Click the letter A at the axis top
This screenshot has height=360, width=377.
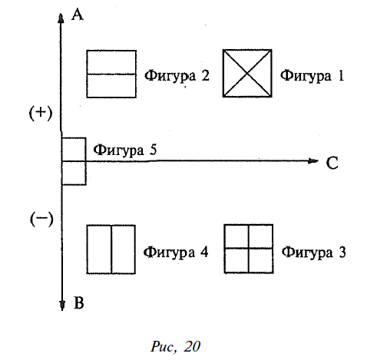pos(78,15)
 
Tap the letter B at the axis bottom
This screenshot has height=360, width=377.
pos(79,302)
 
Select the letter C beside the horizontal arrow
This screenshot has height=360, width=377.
pos(332,163)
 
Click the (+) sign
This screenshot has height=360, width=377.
pos(41,113)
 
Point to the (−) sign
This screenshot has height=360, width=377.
pos(41,220)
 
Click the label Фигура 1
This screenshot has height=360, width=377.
pos(312,75)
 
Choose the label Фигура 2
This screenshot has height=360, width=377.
pos(177,76)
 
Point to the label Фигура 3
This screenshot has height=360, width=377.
pos(314,253)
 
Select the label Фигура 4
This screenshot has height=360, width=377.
pos(176,253)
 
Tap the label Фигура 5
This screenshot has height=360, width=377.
pos(124,150)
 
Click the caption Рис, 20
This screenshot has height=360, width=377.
pos(175,346)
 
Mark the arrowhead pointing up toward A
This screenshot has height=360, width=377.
pos(61,18)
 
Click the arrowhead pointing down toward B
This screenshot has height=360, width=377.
pos(62,306)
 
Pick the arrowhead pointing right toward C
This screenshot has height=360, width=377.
pos(313,161)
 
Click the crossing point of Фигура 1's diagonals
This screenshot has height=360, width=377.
pos(247,74)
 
